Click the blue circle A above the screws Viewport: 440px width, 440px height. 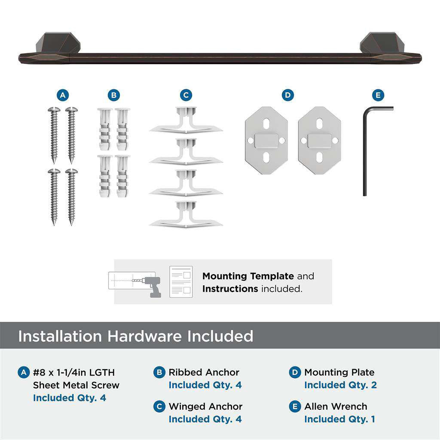pyautogui.click(x=63, y=95)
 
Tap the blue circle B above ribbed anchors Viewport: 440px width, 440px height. pyautogui.click(x=113, y=95)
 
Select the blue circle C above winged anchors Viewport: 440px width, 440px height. pyautogui.click(x=186, y=95)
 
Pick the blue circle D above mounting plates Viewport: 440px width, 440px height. pyautogui.click(x=288, y=95)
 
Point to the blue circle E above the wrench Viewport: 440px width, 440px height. pyautogui.click(x=378, y=95)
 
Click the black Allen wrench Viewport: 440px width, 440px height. pyautogui.click(x=366, y=150)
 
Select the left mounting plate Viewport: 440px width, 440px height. pyautogui.click(x=266, y=141)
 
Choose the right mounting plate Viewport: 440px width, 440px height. pyautogui.click(x=319, y=141)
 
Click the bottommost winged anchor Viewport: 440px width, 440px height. pyautogui.click(x=186, y=215)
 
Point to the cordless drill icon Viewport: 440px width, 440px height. pyautogui.click(x=152, y=285)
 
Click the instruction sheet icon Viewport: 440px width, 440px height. pyautogui.click(x=181, y=281)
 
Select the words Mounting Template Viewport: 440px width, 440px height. pyautogui.click(x=248, y=276)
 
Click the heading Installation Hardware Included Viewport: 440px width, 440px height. pyautogui.click(x=136, y=336)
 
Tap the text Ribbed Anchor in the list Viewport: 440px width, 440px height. pyautogui.click(x=204, y=372)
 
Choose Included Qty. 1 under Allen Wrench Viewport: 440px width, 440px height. pyautogui.click(x=339, y=419)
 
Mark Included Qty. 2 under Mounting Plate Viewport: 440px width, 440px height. pyautogui.click(x=340, y=385)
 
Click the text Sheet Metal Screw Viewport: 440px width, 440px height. pyautogui.click(x=76, y=385)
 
